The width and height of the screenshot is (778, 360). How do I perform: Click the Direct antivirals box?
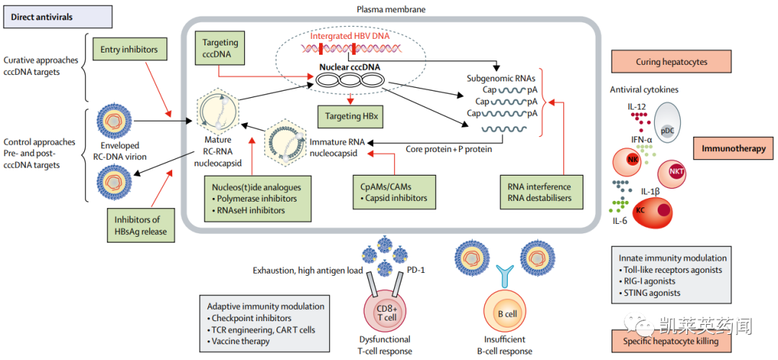pos(56,17)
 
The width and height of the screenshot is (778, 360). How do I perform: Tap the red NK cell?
pos(632,161)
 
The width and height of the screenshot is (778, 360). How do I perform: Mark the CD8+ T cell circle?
pos(388,313)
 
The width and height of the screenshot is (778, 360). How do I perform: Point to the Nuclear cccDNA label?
pos(350,67)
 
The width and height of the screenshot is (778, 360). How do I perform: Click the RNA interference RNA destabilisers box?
pos(540,192)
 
